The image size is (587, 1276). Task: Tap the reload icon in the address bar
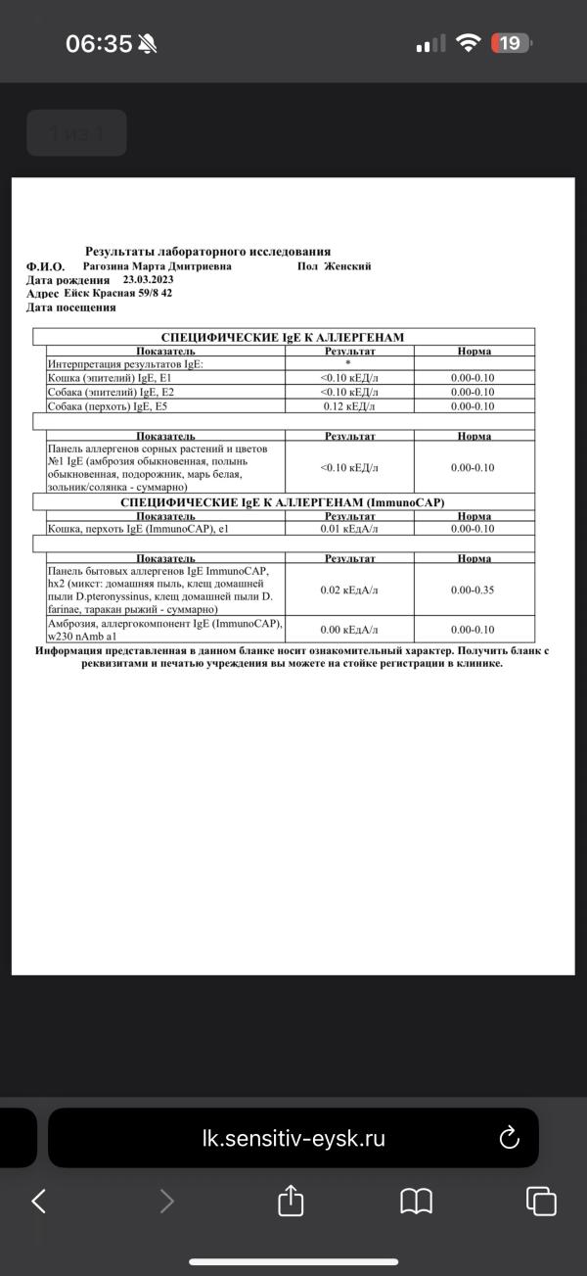[509, 1138]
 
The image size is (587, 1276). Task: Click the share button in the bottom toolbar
[291, 1201]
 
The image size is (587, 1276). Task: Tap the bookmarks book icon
[417, 1201]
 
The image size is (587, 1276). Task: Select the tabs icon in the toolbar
[541, 1201]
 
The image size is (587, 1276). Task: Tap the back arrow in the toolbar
[39, 1201]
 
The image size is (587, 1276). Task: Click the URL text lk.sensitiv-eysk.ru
[293, 1139]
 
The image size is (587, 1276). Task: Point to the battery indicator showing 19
[512, 43]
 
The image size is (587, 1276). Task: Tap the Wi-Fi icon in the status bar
[470, 43]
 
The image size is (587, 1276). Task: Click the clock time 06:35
[99, 44]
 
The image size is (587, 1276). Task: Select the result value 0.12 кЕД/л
[349, 406]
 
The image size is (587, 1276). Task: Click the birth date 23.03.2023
[148, 280]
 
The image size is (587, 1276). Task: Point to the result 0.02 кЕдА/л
[349, 590]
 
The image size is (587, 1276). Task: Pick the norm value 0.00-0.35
[473, 590]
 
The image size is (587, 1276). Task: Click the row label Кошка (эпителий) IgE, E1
[110, 378]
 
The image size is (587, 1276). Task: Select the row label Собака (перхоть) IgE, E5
[114, 406]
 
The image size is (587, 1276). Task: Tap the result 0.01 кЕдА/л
[349, 529]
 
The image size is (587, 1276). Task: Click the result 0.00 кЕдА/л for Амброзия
[349, 630]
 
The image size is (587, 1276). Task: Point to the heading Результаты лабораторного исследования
[207, 252]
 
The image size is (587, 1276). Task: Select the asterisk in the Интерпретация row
[348, 363]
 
